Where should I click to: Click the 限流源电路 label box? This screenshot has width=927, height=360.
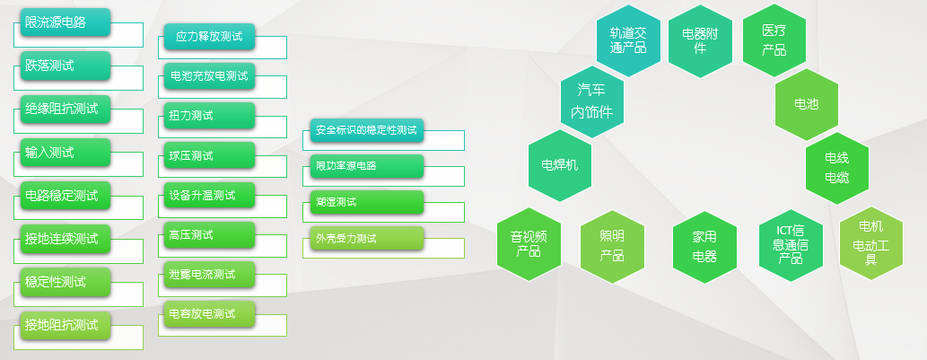(x=66, y=22)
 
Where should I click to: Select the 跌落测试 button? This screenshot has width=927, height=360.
(x=66, y=66)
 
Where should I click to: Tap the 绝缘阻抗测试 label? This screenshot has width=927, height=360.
(x=66, y=109)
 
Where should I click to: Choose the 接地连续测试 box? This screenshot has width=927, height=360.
(x=66, y=239)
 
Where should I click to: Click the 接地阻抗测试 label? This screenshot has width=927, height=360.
(x=66, y=325)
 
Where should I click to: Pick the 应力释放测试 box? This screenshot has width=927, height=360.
(x=209, y=37)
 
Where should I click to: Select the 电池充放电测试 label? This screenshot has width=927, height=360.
(x=209, y=76)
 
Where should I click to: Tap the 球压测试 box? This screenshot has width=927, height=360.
(x=209, y=155)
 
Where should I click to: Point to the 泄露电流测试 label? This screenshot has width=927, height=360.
(x=209, y=275)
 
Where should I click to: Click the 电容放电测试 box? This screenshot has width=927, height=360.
(x=209, y=314)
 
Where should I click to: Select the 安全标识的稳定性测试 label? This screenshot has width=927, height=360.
(x=367, y=131)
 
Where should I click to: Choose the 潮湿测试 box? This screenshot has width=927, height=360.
(x=367, y=202)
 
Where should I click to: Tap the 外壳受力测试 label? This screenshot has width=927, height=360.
(x=367, y=238)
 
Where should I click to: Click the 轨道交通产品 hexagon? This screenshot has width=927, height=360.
(x=628, y=40)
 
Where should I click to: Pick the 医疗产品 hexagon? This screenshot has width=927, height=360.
(x=774, y=40)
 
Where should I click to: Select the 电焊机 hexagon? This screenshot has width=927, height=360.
(x=560, y=165)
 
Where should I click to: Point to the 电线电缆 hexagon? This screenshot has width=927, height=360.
(x=837, y=168)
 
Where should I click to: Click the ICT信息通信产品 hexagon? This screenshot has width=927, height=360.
(x=791, y=245)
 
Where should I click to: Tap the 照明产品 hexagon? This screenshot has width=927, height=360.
(x=612, y=246)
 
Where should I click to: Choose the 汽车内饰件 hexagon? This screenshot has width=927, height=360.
(x=591, y=101)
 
